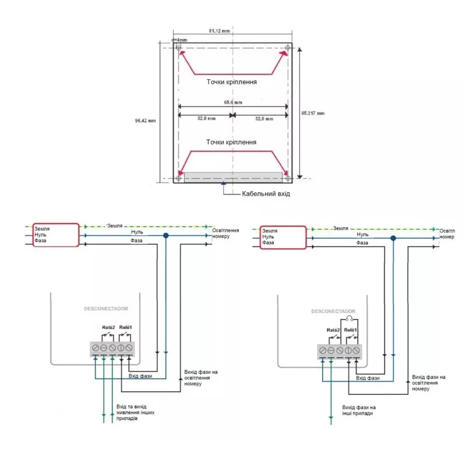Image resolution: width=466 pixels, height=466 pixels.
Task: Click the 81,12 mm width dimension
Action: [x=219, y=31]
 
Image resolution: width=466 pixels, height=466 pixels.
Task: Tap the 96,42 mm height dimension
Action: [x=145, y=121]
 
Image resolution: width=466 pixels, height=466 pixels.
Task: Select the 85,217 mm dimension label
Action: [x=313, y=113]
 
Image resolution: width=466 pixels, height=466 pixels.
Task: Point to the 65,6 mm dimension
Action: [x=233, y=103]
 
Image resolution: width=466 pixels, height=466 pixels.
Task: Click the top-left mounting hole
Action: [x=178, y=48]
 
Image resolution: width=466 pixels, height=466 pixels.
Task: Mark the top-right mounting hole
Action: [x=288, y=48]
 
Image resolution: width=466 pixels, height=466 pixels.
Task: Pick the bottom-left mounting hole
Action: [x=178, y=178]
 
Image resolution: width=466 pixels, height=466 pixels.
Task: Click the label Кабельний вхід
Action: [x=266, y=194]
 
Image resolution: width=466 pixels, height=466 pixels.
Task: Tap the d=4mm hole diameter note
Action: [x=179, y=40]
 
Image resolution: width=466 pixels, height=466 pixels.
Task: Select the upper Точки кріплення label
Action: [x=231, y=82]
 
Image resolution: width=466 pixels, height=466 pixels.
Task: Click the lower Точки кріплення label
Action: [x=231, y=142]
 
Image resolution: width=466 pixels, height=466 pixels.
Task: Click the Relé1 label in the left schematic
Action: [x=125, y=327]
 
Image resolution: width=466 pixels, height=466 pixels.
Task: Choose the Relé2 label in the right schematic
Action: [x=333, y=330]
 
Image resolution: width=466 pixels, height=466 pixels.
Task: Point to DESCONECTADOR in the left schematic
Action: [x=106, y=309]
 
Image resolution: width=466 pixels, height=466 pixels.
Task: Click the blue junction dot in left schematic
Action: [x=166, y=236]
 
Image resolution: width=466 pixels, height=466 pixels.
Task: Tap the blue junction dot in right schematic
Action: [x=393, y=238]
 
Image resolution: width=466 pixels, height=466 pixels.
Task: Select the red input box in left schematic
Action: [x=56, y=235]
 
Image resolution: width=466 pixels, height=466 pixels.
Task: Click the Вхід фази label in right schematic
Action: [x=368, y=378]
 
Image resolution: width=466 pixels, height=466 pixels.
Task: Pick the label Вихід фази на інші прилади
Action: [x=359, y=410]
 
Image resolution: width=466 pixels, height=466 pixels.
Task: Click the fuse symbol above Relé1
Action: [x=349, y=319]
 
